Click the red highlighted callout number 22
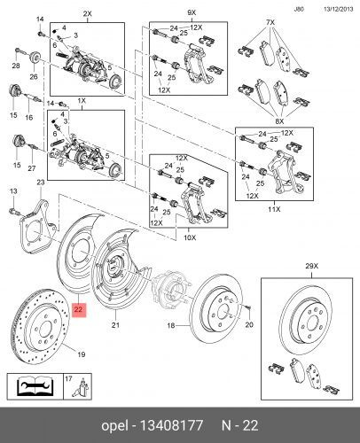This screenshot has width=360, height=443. [x=79, y=309]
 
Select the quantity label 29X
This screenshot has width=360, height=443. [x=310, y=267]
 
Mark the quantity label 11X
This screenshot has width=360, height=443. [x=275, y=212]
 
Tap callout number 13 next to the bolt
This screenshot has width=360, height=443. [x=12, y=191]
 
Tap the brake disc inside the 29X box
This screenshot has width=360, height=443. [x=307, y=317]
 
